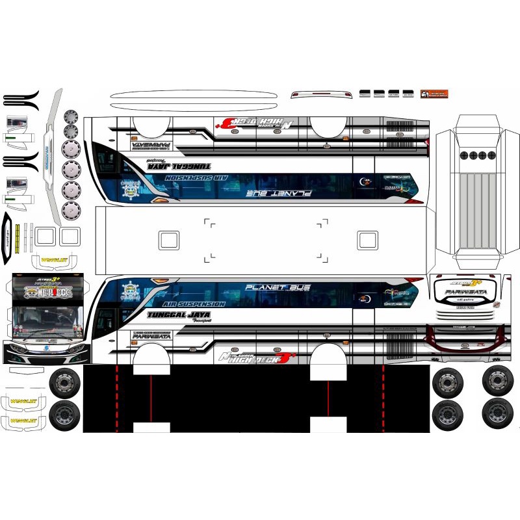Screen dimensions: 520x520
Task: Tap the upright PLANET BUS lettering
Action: pyautogui.click(x=278, y=287)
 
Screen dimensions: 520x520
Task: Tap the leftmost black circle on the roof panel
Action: pyautogui.click(x=463, y=155)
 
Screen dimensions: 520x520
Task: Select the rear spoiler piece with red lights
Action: pyautogui.click(x=318, y=95)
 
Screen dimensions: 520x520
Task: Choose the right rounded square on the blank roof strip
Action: pyautogui.click(x=367, y=240)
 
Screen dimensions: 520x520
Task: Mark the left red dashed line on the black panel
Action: pyautogui.click(x=117, y=398)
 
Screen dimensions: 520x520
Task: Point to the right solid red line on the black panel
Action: pyautogui.click(x=328, y=398)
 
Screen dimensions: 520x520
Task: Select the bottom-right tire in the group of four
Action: pyautogui.click(x=497, y=412)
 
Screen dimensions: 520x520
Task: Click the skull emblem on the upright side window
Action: pyautogui.click(x=131, y=291)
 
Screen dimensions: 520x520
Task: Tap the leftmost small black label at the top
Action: pyautogui.click(x=365, y=94)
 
